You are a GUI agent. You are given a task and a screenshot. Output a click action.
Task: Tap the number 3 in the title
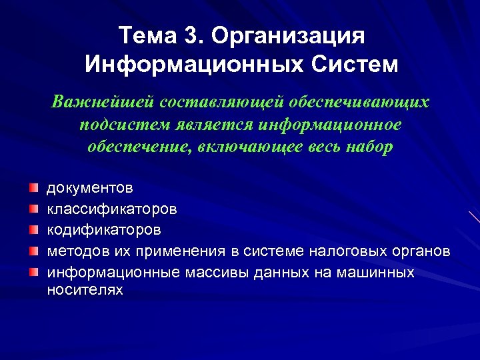[x=188, y=36]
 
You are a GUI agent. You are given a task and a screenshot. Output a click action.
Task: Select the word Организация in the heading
[x=288, y=36]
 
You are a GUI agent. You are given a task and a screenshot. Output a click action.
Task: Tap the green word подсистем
[x=127, y=125]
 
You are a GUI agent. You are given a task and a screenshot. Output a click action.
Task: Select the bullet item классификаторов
[x=111, y=209]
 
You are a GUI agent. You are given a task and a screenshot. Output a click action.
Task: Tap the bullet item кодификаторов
[x=103, y=230]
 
